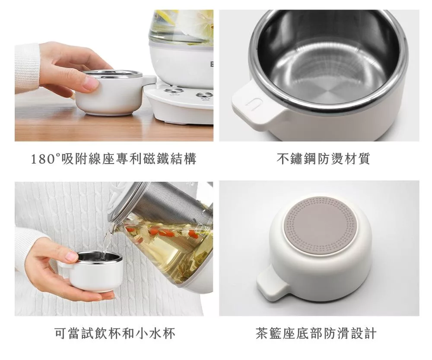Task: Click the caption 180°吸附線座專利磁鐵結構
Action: pyautogui.click(x=114, y=159)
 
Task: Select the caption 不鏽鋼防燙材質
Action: pyautogui.click(x=323, y=159)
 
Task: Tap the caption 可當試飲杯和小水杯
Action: pyautogui.click(x=115, y=333)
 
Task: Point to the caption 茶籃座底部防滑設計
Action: pyautogui.click(x=316, y=333)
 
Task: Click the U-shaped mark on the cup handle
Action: pyautogui.click(x=251, y=104)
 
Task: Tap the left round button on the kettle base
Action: pyautogui.click(x=172, y=91)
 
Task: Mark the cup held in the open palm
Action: pyautogui.click(x=91, y=271)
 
